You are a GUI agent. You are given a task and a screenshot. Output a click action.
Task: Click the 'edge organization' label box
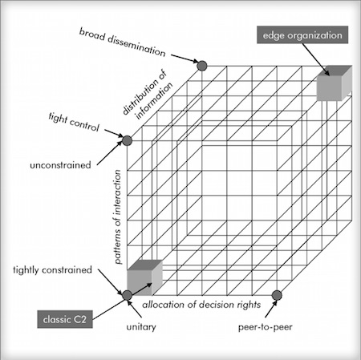[x=302, y=34]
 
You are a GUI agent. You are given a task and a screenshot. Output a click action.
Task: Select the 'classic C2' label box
[x=65, y=319]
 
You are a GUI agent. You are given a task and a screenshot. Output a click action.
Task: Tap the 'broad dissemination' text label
[x=122, y=42]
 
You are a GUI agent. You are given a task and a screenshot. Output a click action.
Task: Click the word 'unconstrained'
[x=60, y=165]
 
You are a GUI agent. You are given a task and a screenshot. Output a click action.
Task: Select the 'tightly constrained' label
[x=52, y=269]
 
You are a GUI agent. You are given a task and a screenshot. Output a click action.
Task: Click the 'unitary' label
[x=141, y=327]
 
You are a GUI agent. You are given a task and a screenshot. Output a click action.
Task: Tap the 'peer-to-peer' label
[x=266, y=327]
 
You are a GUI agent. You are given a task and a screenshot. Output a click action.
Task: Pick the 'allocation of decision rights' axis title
[x=201, y=305]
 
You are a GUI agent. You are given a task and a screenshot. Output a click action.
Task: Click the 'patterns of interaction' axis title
[x=117, y=216]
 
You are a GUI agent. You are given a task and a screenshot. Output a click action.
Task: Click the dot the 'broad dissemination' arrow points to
[x=202, y=66]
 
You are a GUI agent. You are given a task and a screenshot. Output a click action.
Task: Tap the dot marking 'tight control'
[x=127, y=140]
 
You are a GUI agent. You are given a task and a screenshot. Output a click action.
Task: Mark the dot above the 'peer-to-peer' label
[x=277, y=295]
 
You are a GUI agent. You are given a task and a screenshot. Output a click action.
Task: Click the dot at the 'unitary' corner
[x=127, y=295]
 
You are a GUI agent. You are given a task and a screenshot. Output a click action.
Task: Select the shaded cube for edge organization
[x=335, y=83]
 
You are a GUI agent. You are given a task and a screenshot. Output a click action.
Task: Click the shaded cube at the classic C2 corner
[x=144, y=277]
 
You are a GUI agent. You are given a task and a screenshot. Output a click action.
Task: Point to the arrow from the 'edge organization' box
[x=316, y=59]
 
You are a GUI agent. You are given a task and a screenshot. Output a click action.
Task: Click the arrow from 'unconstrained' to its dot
[x=109, y=152]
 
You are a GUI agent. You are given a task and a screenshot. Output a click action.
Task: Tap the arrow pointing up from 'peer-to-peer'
[x=271, y=309]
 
